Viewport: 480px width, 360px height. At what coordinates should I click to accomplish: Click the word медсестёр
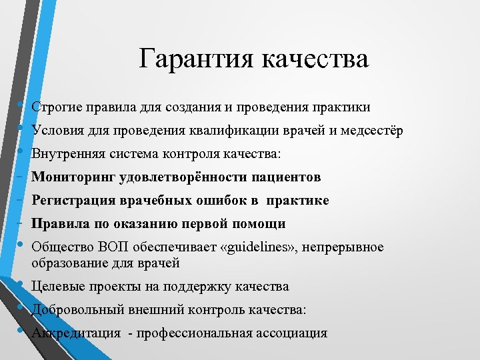pos(371,130)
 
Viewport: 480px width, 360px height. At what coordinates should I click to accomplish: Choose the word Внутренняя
pos(64,153)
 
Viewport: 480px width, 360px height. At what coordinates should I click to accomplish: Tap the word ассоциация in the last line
pos(293,333)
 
